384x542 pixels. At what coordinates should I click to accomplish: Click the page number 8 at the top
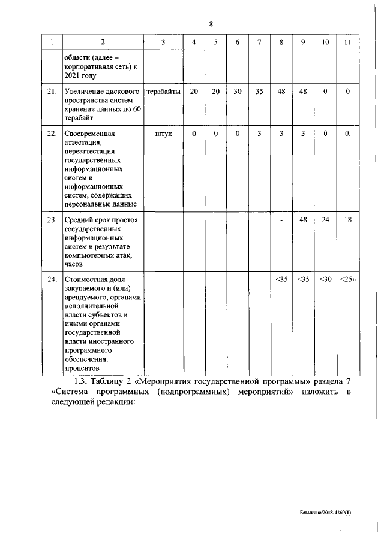tap(211, 24)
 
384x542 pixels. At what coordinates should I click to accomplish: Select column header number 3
tap(163, 42)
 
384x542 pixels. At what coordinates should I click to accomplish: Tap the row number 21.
tap(52, 92)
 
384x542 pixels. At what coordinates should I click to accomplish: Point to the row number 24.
tap(52, 279)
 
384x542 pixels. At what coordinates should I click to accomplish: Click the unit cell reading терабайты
tap(163, 92)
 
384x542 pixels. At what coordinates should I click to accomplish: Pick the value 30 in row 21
tap(238, 92)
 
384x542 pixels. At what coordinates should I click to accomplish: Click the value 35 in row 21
tap(259, 92)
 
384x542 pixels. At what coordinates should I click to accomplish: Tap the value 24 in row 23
tap(325, 220)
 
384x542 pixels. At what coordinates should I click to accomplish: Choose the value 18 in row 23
tap(347, 220)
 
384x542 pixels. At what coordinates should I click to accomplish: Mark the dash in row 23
tap(281, 220)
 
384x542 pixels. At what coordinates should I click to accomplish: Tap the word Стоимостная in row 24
tap(88, 279)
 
